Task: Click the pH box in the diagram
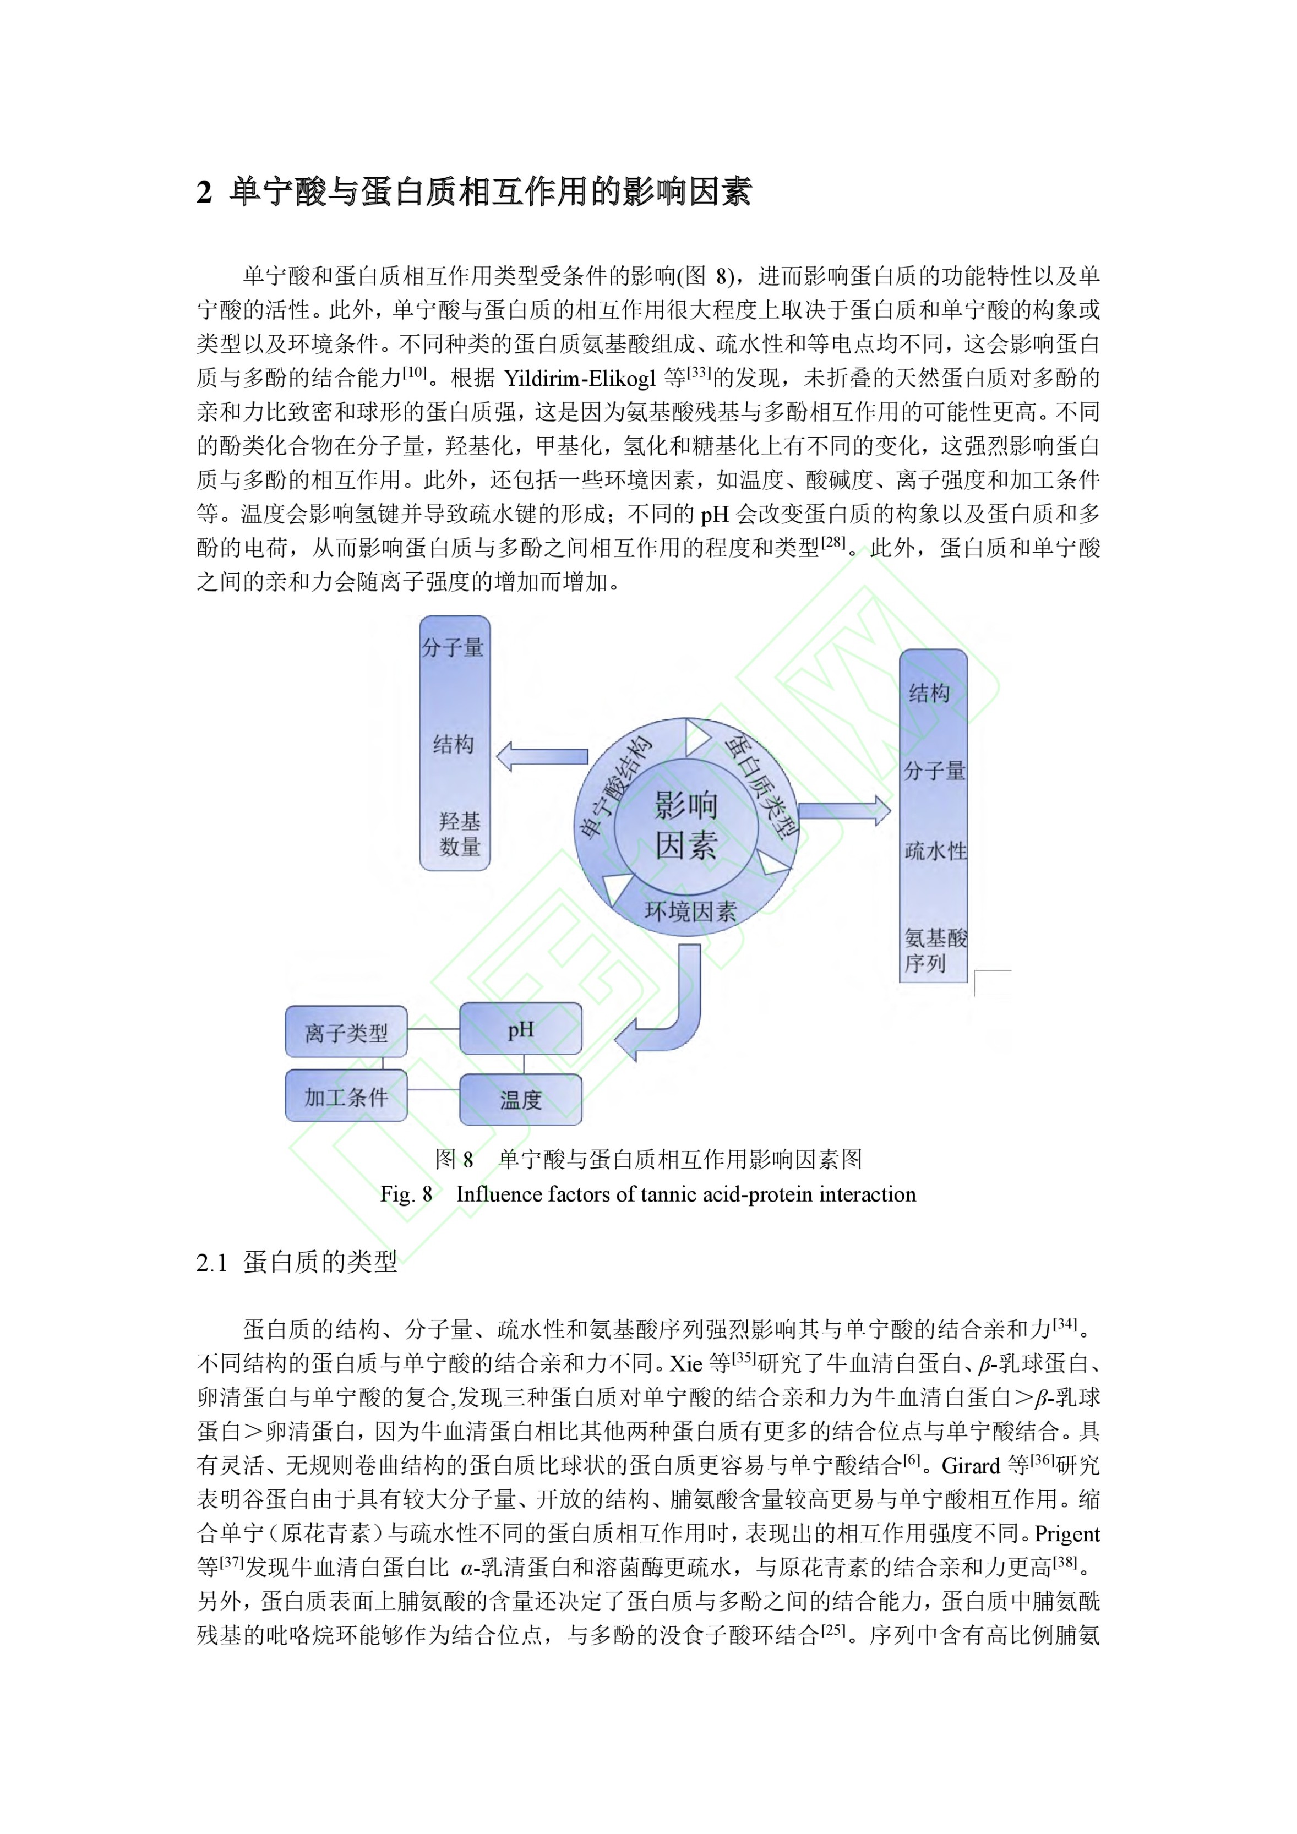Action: pos(520,1029)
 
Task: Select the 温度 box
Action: pos(520,1100)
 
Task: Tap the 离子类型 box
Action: pos(346,1033)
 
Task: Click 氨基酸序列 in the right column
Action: pos(934,950)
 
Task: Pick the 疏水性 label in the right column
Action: pos(934,851)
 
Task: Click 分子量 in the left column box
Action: pos(453,647)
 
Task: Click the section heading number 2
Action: pos(205,193)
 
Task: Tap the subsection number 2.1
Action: pos(212,1263)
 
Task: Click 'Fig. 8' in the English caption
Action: pos(406,1194)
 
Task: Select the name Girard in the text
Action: pos(970,1466)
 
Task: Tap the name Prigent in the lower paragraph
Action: pos(1067,1533)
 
